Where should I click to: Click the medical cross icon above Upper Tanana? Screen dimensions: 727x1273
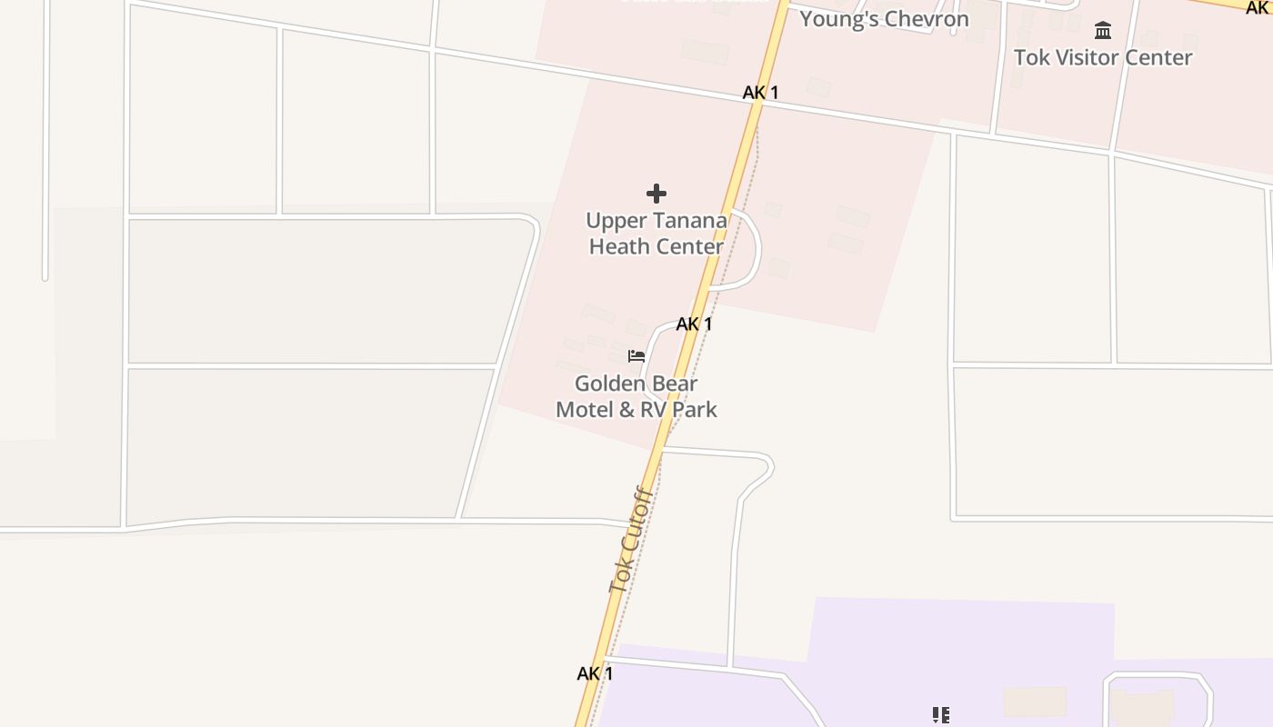pos(657,194)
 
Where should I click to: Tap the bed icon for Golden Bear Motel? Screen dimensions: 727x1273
pos(636,355)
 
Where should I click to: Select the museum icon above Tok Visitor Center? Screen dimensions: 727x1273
pos(1103,31)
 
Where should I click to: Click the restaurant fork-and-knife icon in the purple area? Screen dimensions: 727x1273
pos(941,716)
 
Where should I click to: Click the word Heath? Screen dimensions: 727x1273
pos(618,246)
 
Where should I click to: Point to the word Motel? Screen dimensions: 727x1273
pos(585,410)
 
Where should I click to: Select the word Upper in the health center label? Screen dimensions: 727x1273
pos(614,221)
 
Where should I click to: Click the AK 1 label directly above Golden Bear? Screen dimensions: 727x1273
pos(694,324)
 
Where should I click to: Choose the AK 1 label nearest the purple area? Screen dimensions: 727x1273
pos(595,673)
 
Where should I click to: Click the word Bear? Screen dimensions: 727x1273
pos(674,383)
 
